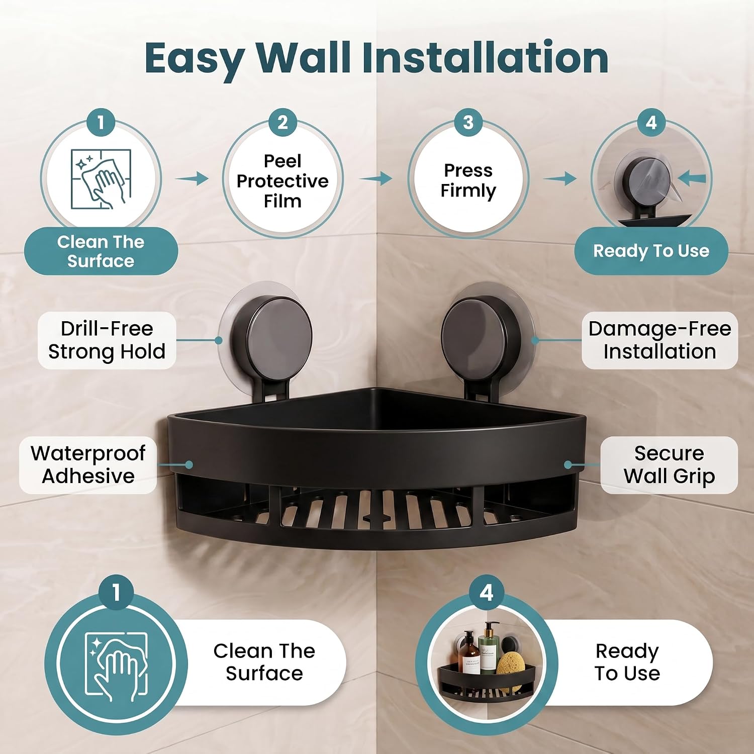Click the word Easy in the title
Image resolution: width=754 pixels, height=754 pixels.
point(196,59)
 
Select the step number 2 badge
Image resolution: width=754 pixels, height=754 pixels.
point(282,123)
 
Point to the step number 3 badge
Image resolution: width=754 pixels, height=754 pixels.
point(468,123)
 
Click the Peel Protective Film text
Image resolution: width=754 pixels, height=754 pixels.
point(282,181)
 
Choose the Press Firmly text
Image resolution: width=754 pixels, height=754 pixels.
point(468,180)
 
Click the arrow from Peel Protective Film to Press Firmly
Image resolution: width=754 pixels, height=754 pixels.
point(376,178)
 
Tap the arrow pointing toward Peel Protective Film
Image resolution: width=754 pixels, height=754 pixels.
point(192,178)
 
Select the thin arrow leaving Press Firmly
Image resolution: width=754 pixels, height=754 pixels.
point(560,178)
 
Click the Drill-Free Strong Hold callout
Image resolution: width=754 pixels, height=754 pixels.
point(107,340)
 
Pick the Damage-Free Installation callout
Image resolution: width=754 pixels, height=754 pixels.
point(659,340)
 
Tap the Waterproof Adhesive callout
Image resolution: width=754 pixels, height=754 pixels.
point(88,464)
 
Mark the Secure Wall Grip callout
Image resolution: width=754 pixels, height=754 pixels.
point(669,464)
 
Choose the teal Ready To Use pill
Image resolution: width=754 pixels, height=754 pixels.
point(651,251)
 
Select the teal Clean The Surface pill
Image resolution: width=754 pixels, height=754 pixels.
point(101,251)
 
